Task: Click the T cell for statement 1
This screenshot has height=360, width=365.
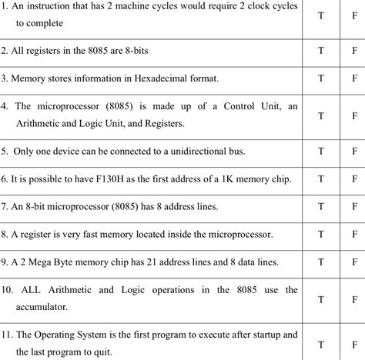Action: [x=320, y=16]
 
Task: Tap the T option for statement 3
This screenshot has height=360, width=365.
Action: [x=320, y=78]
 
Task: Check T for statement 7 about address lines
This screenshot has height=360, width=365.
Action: [x=320, y=207]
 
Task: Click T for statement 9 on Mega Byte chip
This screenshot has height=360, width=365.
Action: [x=320, y=262]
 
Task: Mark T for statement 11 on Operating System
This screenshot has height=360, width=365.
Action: [x=320, y=342]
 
